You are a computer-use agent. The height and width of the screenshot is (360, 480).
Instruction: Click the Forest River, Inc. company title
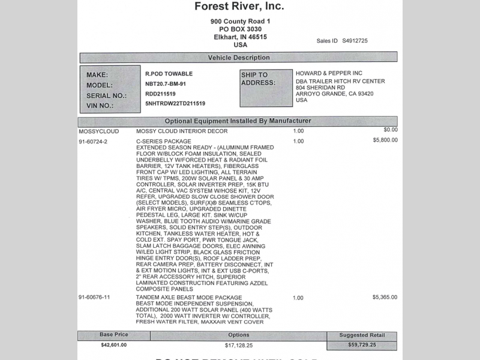pyautogui.click(x=239, y=7)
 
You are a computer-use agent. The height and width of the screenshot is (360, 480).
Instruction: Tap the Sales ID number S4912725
pyautogui.click(x=355, y=41)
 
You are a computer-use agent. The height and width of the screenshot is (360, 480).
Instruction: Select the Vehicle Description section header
pyautogui.click(x=238, y=58)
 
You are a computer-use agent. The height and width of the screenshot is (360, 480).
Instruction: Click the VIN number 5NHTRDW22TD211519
pyautogui.click(x=175, y=103)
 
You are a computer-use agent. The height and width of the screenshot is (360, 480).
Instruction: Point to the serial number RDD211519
pyautogui.click(x=161, y=94)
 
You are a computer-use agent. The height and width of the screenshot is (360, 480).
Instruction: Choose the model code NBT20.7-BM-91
pyautogui.click(x=170, y=83)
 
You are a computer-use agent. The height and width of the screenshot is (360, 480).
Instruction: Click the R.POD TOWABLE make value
pyautogui.click(x=169, y=73)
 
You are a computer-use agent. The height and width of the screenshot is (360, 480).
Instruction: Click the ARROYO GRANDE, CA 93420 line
pyautogui.click(x=335, y=94)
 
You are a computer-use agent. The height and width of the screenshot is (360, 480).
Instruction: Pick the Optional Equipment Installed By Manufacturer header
pyautogui.click(x=238, y=121)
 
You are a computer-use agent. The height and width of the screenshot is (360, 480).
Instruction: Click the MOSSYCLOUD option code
pyautogui.click(x=99, y=130)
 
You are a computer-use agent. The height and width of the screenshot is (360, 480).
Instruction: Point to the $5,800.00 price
pyautogui.click(x=385, y=140)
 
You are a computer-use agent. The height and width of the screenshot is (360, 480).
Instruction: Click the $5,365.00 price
pyautogui.click(x=385, y=297)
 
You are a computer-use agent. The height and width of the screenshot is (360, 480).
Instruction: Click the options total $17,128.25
pyautogui.click(x=238, y=345)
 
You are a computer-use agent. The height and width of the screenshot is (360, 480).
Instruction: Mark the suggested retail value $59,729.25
pyautogui.click(x=361, y=346)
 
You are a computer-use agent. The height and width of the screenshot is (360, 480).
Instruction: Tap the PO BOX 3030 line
pyautogui.click(x=241, y=29)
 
